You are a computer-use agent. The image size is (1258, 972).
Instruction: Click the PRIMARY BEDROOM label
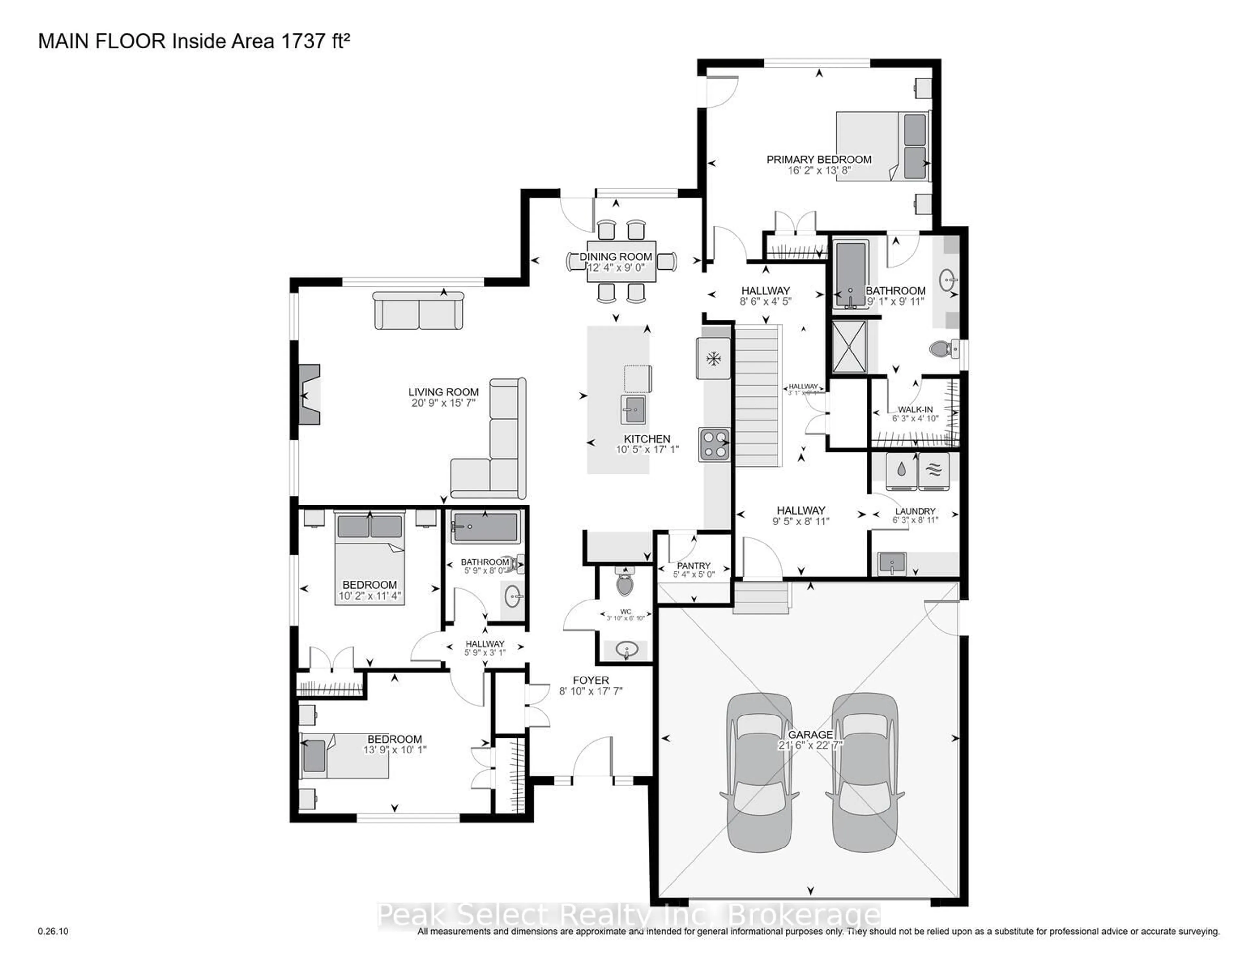pos(818,160)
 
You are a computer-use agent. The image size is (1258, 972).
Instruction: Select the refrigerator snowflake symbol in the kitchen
pos(714,359)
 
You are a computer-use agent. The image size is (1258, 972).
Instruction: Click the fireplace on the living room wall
pos(307,395)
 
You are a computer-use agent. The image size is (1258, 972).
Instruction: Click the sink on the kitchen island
pos(633,410)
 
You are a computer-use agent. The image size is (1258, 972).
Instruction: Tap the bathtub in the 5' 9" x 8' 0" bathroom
pos(485,526)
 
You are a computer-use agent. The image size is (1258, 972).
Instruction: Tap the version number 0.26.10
pos(53,931)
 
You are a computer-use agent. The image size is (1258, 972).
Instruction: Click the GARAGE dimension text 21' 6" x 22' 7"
pos(810,745)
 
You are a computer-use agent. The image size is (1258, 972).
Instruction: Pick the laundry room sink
pos(892,563)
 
